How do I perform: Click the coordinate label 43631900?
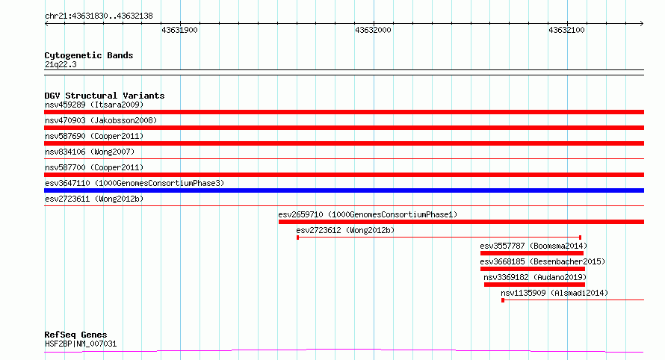pos(179,30)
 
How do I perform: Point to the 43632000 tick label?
pos(373,30)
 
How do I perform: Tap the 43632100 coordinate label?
pos(566,30)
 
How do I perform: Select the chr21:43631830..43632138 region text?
pos(99,16)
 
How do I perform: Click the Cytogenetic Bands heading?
pos(89,55)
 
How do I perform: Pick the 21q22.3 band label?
pos(61,64)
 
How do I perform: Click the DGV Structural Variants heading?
pos(105,96)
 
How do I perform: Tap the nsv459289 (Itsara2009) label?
pos(94,105)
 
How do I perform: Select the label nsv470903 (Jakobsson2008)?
pos(101,120)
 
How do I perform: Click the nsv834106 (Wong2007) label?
pos(90,152)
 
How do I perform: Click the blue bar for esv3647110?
pos(344,190)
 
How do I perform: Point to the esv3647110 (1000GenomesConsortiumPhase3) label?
pos(134,183)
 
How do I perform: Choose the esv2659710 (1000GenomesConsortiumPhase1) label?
pos(368,214)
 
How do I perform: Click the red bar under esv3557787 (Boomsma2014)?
pos(532,253)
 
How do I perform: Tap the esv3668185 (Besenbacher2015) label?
pos(542,261)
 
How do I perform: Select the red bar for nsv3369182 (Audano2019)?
pos(534,285)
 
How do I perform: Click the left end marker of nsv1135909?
pos(503,300)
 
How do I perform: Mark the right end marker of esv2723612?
pos(580,238)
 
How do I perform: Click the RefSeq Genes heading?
pos(76,335)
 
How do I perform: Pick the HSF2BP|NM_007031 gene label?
pos(81,344)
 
